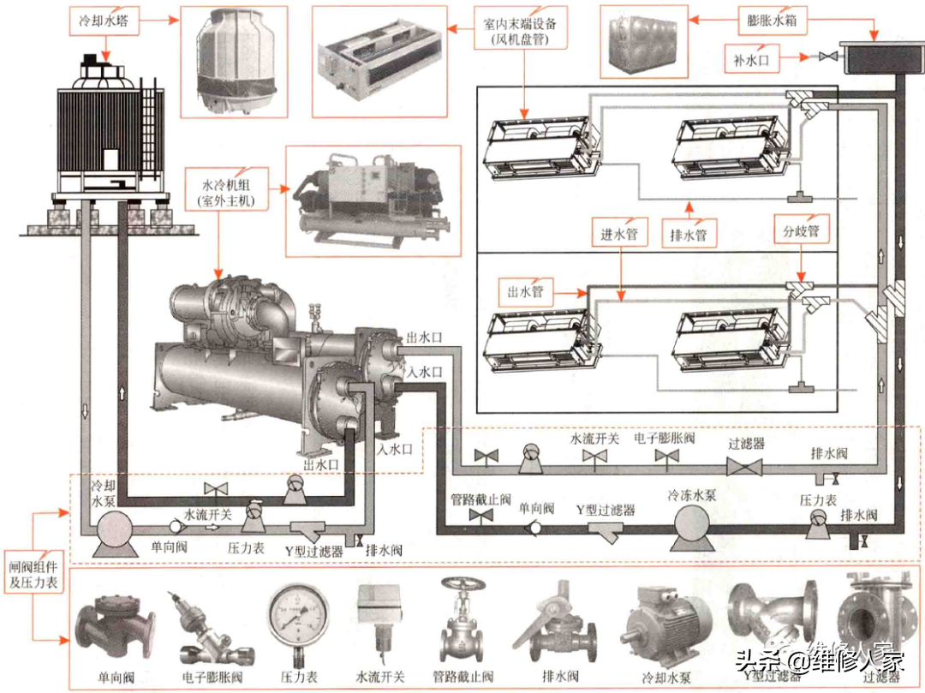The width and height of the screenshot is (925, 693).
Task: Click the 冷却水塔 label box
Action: [x=104, y=19]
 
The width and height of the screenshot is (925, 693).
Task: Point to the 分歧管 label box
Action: [x=801, y=231]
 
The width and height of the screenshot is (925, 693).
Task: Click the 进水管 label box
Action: [x=620, y=233]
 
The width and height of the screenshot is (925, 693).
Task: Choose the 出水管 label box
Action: [x=525, y=291]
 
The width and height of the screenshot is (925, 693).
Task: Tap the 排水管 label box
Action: [x=689, y=233]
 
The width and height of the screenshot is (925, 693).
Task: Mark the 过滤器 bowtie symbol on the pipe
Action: [x=744, y=466]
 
